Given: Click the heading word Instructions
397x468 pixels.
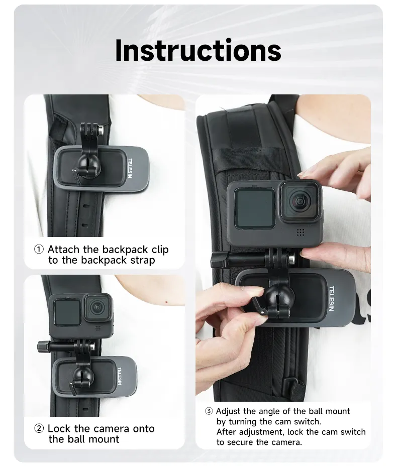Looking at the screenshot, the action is [x=198, y=50].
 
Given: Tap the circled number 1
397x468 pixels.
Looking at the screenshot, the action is [x=39, y=249].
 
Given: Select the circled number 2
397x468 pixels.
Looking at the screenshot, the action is [x=39, y=429].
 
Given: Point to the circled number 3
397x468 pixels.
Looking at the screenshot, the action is [x=209, y=411].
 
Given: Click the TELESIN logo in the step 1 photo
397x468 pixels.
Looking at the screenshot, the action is [x=130, y=168].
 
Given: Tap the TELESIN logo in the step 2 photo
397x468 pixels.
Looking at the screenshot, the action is [x=120, y=376].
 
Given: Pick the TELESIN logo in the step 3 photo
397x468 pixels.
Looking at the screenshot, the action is [x=331, y=298].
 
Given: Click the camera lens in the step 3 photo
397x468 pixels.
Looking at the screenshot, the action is [x=300, y=201].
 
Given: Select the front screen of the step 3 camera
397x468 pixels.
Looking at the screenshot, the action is [x=255, y=208].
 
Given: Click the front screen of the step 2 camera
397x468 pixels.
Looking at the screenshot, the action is [x=67, y=312].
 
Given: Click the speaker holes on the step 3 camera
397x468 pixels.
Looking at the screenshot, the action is [x=301, y=232].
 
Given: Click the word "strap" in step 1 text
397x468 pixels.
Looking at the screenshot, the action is [x=143, y=261].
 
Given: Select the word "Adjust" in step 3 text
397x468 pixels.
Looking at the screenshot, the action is [x=228, y=412].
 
